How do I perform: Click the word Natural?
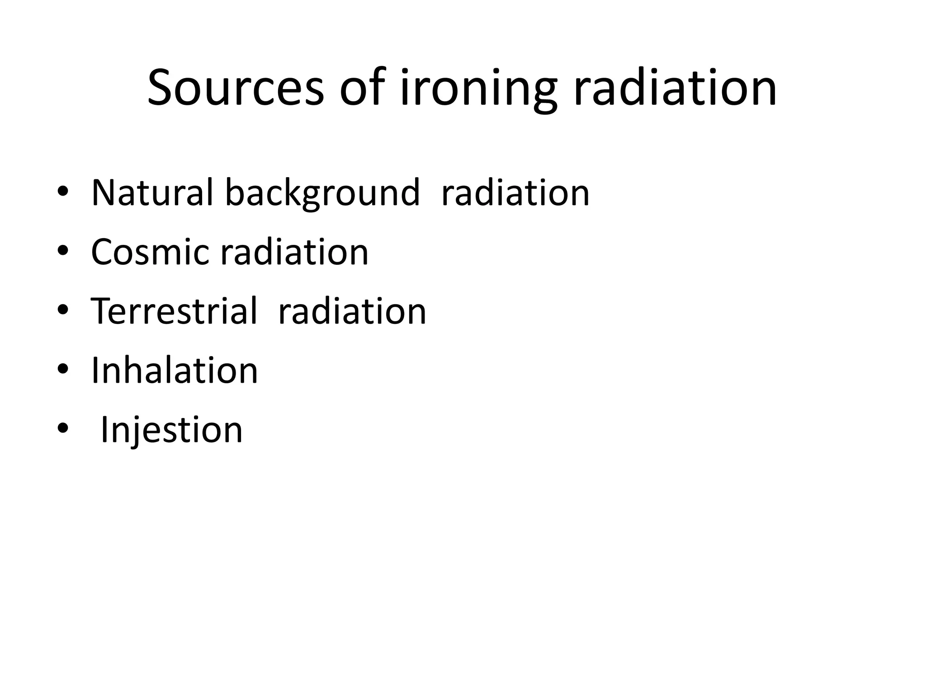point(152,193)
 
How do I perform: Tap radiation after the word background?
point(515,193)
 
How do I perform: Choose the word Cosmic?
point(150,252)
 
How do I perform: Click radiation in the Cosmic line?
point(294,252)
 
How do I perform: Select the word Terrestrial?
point(174,311)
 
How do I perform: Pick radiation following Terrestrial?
point(352,311)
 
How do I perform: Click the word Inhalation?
point(175,370)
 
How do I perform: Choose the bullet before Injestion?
point(63,428)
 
